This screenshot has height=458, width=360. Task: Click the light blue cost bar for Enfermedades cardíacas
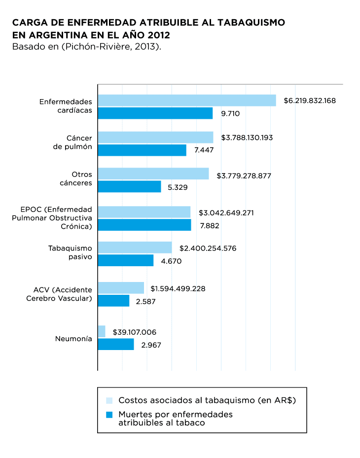(186, 100)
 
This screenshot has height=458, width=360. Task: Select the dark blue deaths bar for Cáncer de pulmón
(142, 150)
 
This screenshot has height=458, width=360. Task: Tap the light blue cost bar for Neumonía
(102, 331)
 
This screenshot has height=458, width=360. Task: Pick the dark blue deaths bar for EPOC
(144, 225)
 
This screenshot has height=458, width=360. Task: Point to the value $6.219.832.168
(310, 101)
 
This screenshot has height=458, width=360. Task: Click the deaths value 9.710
(230, 113)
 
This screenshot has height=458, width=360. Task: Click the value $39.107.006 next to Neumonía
(135, 332)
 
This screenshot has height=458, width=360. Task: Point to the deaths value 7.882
(209, 226)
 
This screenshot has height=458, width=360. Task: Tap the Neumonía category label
(73, 339)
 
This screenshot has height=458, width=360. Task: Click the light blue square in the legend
(109, 400)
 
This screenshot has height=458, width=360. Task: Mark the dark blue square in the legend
(109, 415)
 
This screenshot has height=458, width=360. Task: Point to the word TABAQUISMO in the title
(247, 23)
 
